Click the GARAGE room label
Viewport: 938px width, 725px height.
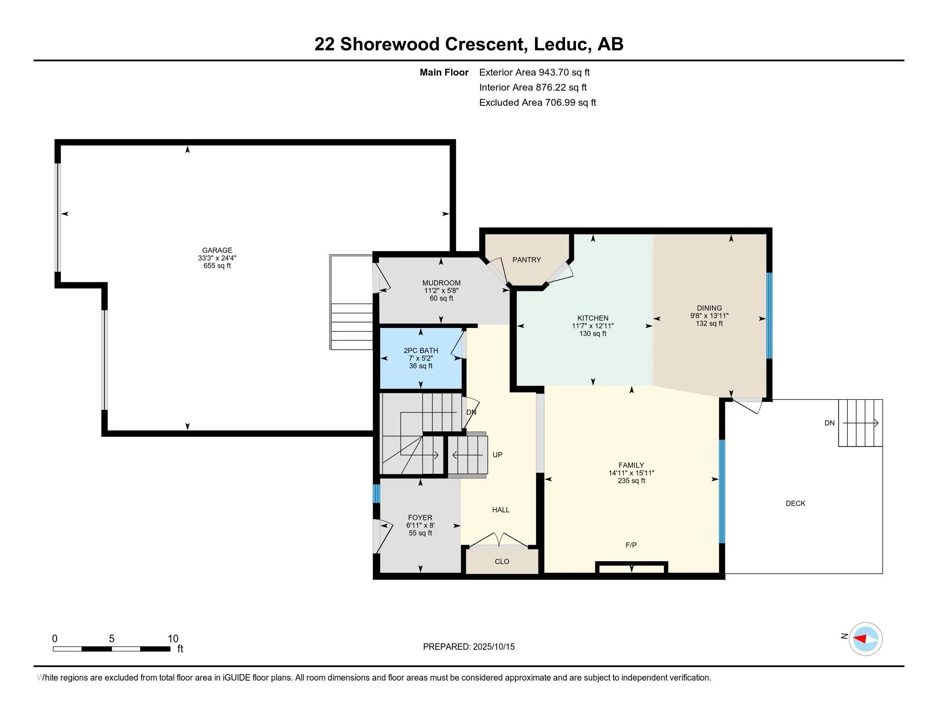pos(217,250)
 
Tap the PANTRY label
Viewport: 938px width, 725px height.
pos(527,260)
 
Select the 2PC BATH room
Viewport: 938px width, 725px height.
pos(421,358)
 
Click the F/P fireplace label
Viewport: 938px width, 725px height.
pos(631,545)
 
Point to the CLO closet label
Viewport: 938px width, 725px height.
pos(502,561)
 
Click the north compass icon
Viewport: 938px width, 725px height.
pos(866,639)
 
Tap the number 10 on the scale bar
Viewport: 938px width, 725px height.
pos(173,639)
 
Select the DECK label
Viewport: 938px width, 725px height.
pos(796,503)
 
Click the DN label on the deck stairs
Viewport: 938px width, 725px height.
pos(829,423)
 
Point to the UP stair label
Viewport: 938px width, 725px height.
pos(497,455)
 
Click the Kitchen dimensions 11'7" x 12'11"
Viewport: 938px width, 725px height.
pos(593,326)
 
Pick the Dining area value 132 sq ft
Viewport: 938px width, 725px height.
pos(709,323)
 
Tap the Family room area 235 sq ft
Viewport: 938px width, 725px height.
pos(631,481)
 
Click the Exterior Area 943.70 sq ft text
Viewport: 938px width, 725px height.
pos(535,72)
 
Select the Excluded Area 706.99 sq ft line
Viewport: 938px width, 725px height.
pos(538,102)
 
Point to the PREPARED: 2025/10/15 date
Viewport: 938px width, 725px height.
pos(469,647)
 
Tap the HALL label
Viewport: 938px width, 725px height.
pos(501,510)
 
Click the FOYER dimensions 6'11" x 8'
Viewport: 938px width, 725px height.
pos(420,525)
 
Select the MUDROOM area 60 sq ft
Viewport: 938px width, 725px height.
pos(442,298)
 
